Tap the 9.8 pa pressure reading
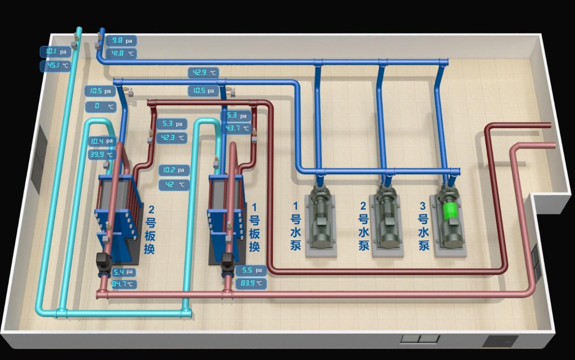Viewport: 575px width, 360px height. coord(121,41)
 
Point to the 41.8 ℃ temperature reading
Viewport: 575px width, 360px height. coord(121,54)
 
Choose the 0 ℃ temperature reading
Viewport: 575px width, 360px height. coord(101,107)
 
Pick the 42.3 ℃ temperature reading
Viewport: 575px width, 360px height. coord(171,138)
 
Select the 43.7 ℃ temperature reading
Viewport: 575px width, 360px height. coord(236,128)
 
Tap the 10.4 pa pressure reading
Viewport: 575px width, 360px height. coord(101,141)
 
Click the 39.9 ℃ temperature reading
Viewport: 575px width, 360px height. coord(101,155)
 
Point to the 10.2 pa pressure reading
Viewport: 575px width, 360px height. coord(174,170)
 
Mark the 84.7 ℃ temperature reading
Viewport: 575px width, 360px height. coord(123,284)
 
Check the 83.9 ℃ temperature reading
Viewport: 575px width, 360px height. coord(250,283)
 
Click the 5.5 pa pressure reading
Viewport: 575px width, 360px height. coord(250,270)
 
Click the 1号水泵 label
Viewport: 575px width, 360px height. coord(296,226)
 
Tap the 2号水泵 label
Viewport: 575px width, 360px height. coord(364,226)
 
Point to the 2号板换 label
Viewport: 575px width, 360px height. coord(149,230)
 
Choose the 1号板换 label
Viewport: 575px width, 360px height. coord(254,227)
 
